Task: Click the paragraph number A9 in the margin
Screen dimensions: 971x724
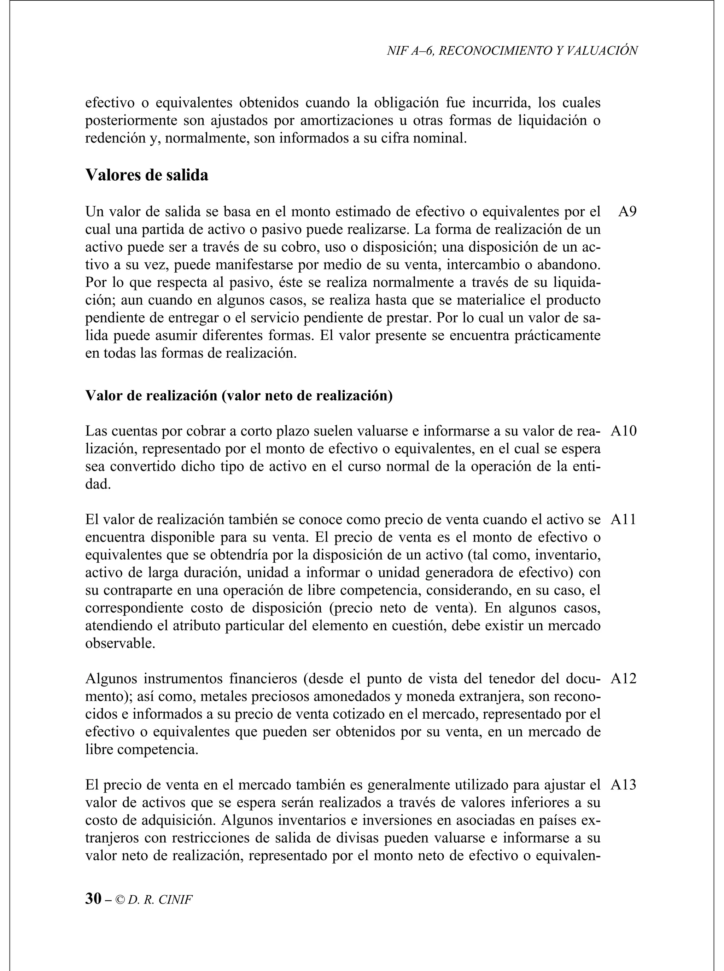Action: click(627, 212)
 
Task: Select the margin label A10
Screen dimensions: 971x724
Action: click(623, 431)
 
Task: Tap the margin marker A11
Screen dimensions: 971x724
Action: click(623, 520)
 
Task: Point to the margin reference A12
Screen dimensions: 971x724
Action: click(623, 679)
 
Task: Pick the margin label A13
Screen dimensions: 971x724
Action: click(623, 785)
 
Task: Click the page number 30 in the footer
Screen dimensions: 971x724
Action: click(93, 899)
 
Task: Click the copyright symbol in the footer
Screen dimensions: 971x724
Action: click(120, 900)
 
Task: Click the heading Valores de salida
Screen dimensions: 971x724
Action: click(147, 175)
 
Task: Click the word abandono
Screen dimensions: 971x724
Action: click(568, 265)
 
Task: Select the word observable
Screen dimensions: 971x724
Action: click(120, 644)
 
